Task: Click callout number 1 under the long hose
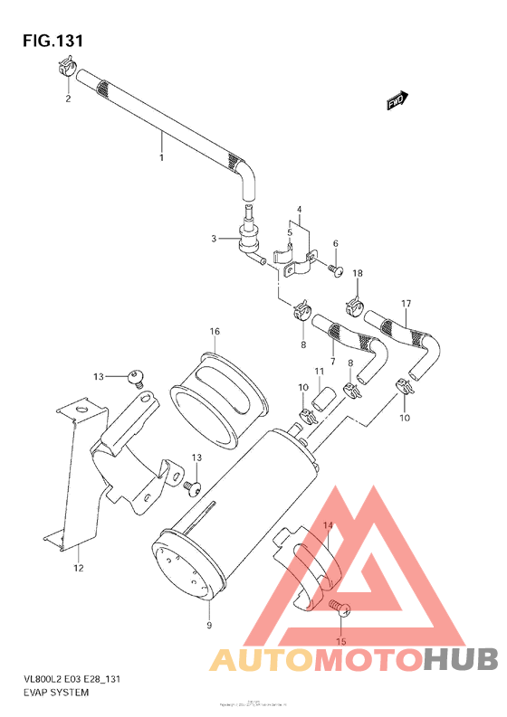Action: click(x=162, y=158)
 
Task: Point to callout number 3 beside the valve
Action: click(x=214, y=239)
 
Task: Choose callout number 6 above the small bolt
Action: click(x=334, y=244)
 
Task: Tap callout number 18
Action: click(x=357, y=273)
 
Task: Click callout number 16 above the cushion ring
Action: click(x=215, y=332)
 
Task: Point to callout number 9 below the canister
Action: click(x=208, y=625)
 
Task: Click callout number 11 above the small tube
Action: click(x=319, y=372)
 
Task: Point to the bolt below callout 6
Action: click(x=334, y=268)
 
